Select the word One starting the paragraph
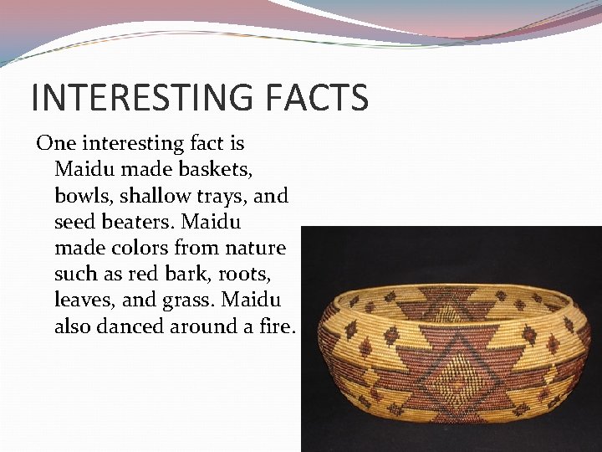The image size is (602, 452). pyautogui.click(x=54, y=143)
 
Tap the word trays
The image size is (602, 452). pyautogui.click(x=223, y=197)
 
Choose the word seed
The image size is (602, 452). pyautogui.click(x=73, y=222)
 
